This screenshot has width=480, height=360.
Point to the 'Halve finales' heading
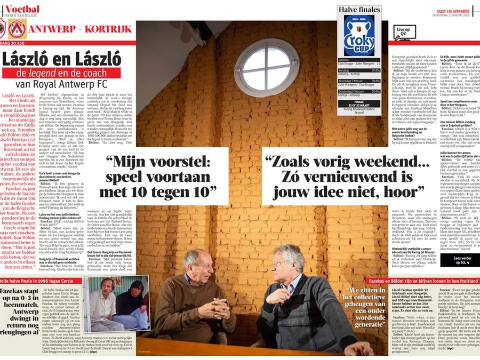coord(358,10)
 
